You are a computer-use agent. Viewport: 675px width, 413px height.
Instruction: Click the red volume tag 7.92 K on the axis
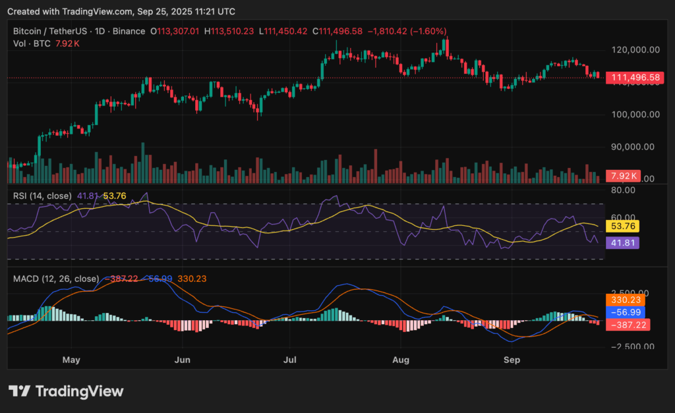coord(624,176)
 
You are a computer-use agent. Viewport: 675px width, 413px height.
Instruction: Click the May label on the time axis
coord(71,360)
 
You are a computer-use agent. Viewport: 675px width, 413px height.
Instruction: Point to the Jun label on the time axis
coord(182,360)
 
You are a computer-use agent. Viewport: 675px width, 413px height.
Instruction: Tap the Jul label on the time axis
coord(291,360)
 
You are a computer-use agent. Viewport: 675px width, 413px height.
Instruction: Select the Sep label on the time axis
coord(511,360)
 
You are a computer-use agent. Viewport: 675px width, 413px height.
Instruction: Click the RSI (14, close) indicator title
coord(44,195)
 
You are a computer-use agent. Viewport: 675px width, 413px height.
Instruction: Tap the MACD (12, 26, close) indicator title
coord(55,279)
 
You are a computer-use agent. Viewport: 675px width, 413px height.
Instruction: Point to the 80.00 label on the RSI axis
coord(624,190)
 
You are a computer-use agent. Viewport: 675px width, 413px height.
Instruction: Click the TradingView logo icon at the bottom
coord(20,391)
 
